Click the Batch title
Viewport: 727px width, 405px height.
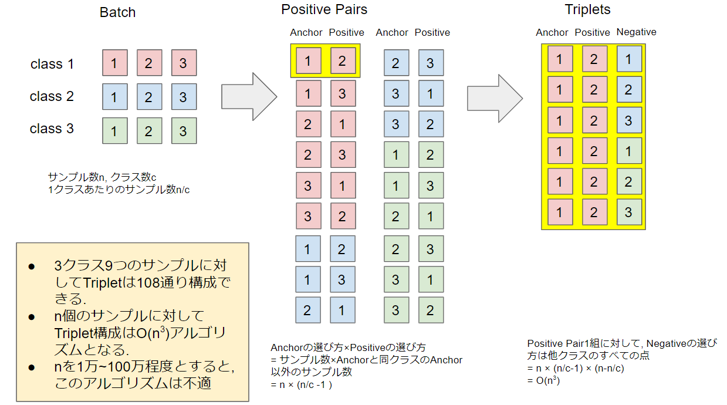point(118,12)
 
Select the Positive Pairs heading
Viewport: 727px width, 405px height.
point(324,10)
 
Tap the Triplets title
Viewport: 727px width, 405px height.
point(587,10)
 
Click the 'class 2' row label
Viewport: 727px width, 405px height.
point(52,96)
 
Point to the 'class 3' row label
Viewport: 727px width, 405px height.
point(52,129)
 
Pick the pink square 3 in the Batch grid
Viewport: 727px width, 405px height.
point(183,63)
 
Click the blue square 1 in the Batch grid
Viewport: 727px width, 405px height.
point(114,97)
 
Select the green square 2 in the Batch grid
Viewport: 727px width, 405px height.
point(148,131)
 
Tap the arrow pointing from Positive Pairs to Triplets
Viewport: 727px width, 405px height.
point(494,98)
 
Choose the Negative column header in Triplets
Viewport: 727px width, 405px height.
point(636,32)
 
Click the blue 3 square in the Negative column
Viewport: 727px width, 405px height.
point(628,120)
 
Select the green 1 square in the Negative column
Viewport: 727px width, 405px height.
point(628,151)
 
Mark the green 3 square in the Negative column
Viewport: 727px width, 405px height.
point(628,212)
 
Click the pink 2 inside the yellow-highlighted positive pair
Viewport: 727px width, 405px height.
point(343,60)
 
